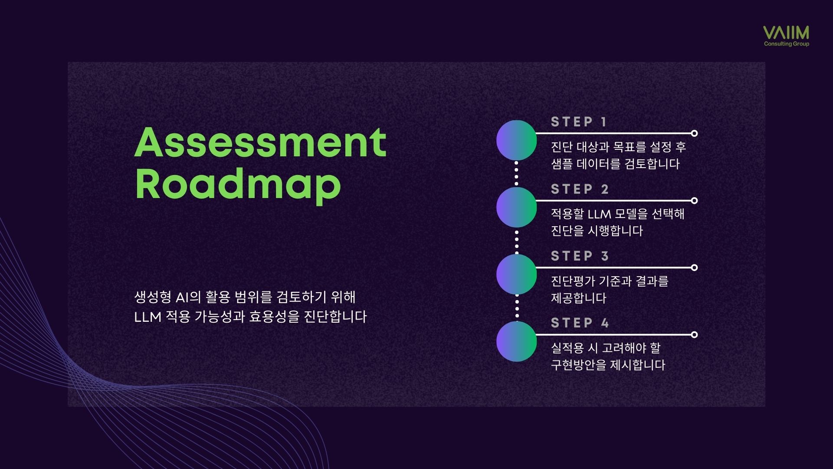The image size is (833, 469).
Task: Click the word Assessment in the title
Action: tap(260, 142)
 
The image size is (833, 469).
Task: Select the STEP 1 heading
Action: tap(579, 122)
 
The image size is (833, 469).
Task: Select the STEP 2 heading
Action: tap(580, 189)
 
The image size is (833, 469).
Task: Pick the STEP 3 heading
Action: tap(580, 256)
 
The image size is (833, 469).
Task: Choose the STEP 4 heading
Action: tap(580, 323)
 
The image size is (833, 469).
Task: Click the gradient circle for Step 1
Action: tap(516, 140)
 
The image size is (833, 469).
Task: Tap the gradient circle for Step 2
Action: tap(516, 208)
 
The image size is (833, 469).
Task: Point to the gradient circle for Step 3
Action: tap(516, 274)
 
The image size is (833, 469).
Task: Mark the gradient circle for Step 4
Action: tap(516, 341)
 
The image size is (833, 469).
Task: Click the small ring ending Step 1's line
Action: tap(694, 133)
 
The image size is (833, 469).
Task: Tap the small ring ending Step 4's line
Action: tap(694, 335)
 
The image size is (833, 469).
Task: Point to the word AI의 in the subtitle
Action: tap(188, 297)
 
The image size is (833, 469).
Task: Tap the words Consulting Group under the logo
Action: tap(787, 44)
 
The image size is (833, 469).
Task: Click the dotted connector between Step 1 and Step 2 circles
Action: tap(516, 174)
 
